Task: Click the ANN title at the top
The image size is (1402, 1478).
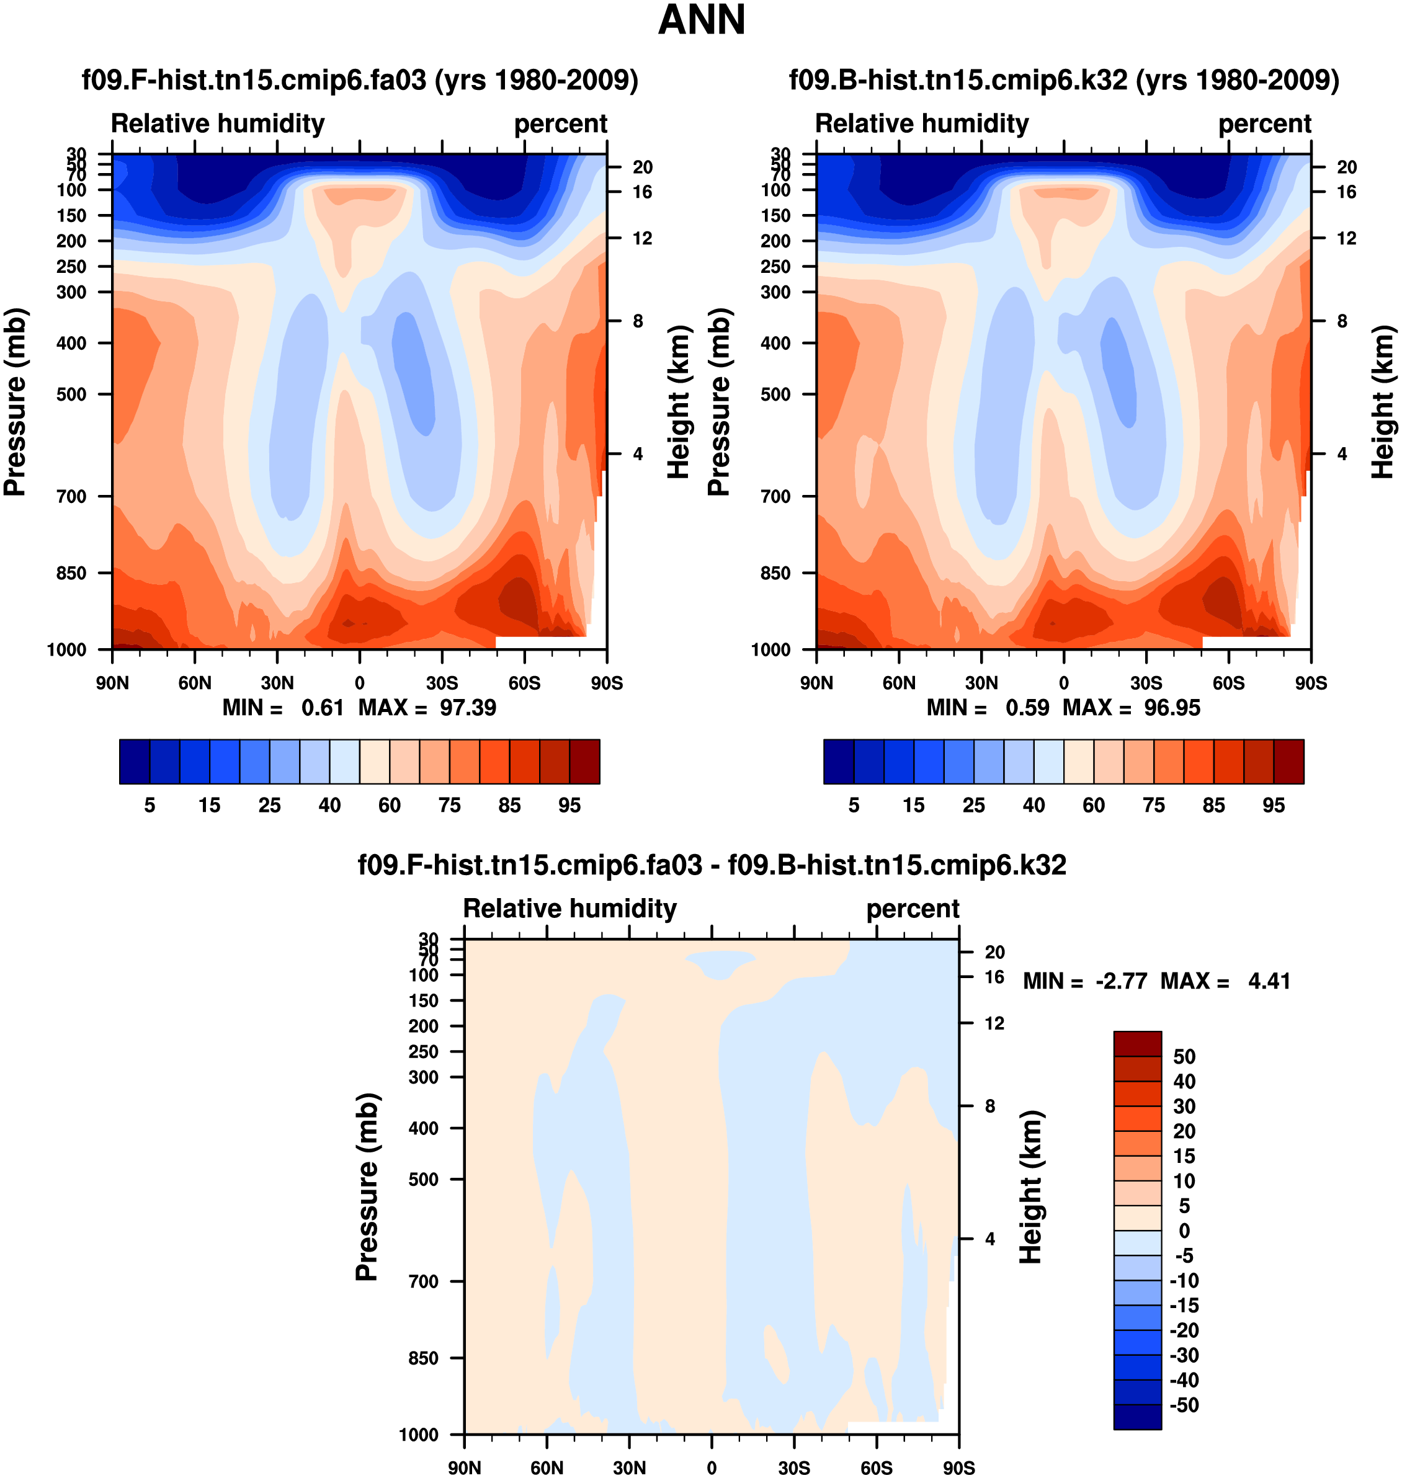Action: click(x=701, y=20)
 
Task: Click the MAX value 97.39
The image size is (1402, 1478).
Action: click(x=468, y=708)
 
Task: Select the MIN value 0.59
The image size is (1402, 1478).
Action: click(x=1027, y=708)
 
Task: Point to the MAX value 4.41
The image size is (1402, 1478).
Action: click(x=1269, y=981)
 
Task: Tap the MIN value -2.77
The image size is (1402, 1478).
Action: click(x=1121, y=981)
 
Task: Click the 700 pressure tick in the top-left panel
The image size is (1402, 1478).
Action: click(x=72, y=496)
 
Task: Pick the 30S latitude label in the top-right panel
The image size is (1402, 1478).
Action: click(x=1146, y=683)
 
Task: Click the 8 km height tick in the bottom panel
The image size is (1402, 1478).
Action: click(x=990, y=1106)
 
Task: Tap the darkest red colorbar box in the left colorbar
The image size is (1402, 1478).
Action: click(x=584, y=762)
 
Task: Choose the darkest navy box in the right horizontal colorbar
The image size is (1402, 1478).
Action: click(x=839, y=762)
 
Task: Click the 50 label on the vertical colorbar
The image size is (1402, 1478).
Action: click(x=1184, y=1057)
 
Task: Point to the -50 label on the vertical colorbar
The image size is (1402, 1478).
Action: click(x=1184, y=1405)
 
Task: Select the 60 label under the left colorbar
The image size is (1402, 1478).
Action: click(x=390, y=805)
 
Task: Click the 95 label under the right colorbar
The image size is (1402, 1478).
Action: click(x=1274, y=805)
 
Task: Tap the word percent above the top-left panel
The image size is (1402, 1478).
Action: click(x=561, y=123)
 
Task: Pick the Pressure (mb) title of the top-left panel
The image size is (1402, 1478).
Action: click(x=15, y=402)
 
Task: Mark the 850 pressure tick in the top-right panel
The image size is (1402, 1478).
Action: click(x=775, y=573)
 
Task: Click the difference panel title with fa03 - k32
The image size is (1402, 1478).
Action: click(x=712, y=865)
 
